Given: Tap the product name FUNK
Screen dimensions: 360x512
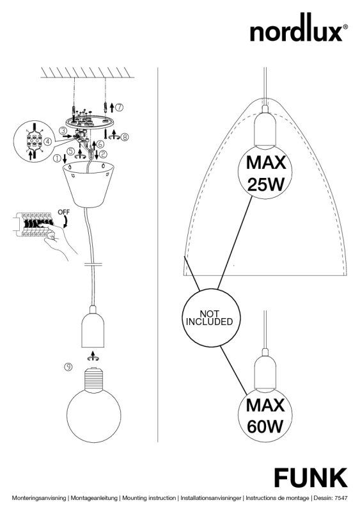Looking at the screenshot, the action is point(311,477).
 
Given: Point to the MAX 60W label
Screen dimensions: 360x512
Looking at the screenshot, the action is point(265,415).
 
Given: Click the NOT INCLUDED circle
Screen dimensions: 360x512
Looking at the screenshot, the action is point(212,317).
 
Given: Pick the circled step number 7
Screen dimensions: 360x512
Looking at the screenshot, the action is point(120,107).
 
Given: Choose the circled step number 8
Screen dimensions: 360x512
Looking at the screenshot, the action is point(124,137).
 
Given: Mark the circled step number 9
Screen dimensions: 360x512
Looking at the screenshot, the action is point(68,367).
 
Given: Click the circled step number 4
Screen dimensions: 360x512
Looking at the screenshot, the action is point(48,141).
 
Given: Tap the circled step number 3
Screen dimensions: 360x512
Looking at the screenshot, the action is point(63,131).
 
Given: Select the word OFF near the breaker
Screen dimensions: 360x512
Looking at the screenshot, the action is point(64,212).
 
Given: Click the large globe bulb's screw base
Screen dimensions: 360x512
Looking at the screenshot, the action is point(93,379).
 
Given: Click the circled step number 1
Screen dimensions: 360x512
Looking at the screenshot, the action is point(57,159).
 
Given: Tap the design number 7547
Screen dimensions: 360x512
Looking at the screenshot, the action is point(341,498).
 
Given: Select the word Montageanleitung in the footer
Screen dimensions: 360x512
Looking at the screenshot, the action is point(94,499).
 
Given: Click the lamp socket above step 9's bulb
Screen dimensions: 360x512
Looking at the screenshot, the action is point(93,328).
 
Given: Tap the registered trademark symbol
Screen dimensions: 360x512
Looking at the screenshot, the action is point(345,27).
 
